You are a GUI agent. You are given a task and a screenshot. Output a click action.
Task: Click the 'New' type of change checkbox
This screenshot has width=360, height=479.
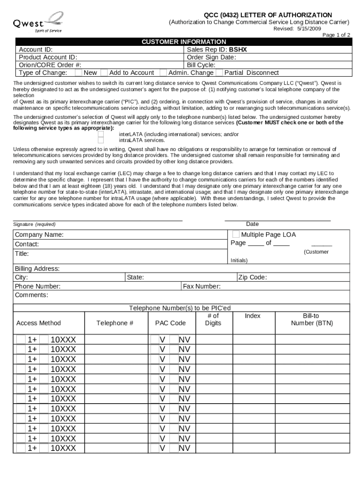[x=79, y=73]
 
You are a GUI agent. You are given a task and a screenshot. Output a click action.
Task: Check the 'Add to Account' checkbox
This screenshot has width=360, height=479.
[x=104, y=73]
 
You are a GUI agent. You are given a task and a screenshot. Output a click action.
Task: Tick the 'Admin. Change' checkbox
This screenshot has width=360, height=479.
[x=163, y=73]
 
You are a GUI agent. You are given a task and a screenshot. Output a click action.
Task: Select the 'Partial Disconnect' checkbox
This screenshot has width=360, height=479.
[x=219, y=73]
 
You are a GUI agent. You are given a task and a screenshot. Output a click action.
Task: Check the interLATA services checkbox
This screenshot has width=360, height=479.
[x=101, y=134]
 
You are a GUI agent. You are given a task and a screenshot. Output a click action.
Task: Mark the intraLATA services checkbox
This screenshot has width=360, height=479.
[x=101, y=140]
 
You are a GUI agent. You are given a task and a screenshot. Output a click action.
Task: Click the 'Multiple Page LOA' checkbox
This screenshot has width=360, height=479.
[x=236, y=234]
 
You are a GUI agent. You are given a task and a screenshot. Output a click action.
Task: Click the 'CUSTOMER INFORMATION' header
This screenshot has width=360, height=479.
[x=184, y=42]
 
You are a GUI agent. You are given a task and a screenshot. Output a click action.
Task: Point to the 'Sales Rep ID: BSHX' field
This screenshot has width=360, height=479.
[x=217, y=49]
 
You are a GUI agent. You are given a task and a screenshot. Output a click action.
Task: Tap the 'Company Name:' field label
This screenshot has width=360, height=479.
[x=39, y=234]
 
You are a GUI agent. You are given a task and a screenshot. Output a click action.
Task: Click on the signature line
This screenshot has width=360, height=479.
[x=98, y=219]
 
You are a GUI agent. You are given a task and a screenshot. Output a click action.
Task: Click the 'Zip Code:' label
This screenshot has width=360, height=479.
[x=252, y=277]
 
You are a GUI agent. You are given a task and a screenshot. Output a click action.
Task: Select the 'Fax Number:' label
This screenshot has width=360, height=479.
[x=202, y=286]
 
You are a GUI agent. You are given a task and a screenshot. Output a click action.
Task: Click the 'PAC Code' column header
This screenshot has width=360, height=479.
[x=170, y=323]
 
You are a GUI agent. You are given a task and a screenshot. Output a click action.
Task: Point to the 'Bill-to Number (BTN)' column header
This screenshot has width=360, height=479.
[x=311, y=319]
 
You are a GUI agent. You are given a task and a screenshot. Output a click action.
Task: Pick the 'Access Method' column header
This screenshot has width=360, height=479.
[x=38, y=323]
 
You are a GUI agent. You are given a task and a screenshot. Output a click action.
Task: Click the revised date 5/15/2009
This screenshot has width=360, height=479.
[x=309, y=29]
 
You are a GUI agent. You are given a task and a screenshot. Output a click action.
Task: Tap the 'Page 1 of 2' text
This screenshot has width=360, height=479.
[x=336, y=35]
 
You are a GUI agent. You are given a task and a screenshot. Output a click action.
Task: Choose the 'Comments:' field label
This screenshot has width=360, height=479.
[x=31, y=295]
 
